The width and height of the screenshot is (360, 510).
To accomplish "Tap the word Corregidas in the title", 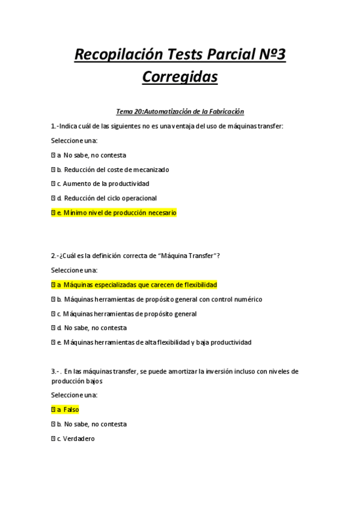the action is (180, 78).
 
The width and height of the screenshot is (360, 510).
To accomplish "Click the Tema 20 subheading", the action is (180, 111).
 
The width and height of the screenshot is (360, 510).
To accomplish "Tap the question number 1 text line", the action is (167, 126).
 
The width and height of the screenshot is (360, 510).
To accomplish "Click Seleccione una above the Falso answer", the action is (74, 395).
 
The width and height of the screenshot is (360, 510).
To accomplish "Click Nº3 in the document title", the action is (268, 55).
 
